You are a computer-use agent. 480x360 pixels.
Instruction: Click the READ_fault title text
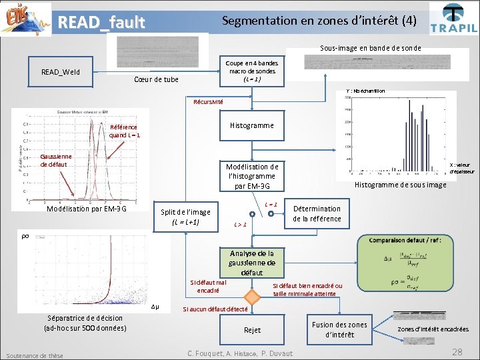101,23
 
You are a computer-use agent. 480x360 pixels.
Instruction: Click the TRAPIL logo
453,18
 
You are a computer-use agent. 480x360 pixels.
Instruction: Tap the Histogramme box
251,125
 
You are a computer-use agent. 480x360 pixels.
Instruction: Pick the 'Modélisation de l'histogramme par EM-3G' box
251,176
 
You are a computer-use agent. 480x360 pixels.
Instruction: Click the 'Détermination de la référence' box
317,214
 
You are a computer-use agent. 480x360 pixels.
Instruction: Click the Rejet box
252,330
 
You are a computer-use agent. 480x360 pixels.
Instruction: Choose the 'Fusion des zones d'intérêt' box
339,329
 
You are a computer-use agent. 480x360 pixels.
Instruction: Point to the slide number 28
457,351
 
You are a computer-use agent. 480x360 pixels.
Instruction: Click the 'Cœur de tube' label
156,80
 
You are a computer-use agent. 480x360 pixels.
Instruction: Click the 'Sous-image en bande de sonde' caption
370,48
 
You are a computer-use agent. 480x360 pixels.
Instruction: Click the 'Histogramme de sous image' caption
400,185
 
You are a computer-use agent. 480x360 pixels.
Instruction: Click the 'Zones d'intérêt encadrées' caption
433,329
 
